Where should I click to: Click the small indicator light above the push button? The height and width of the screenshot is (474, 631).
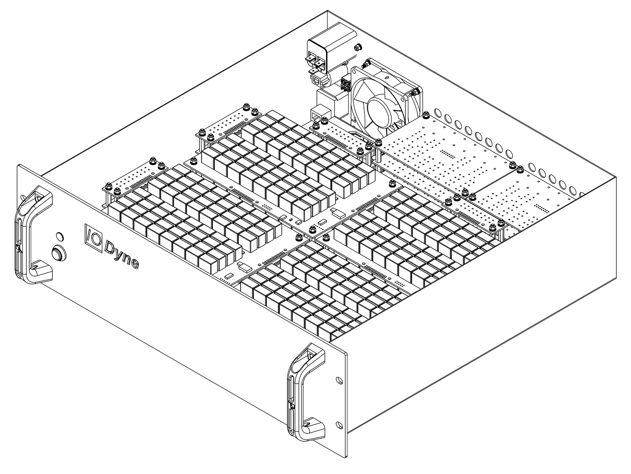pyautogui.click(x=60, y=236)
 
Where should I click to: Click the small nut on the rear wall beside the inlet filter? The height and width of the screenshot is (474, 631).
pyautogui.click(x=358, y=47)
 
